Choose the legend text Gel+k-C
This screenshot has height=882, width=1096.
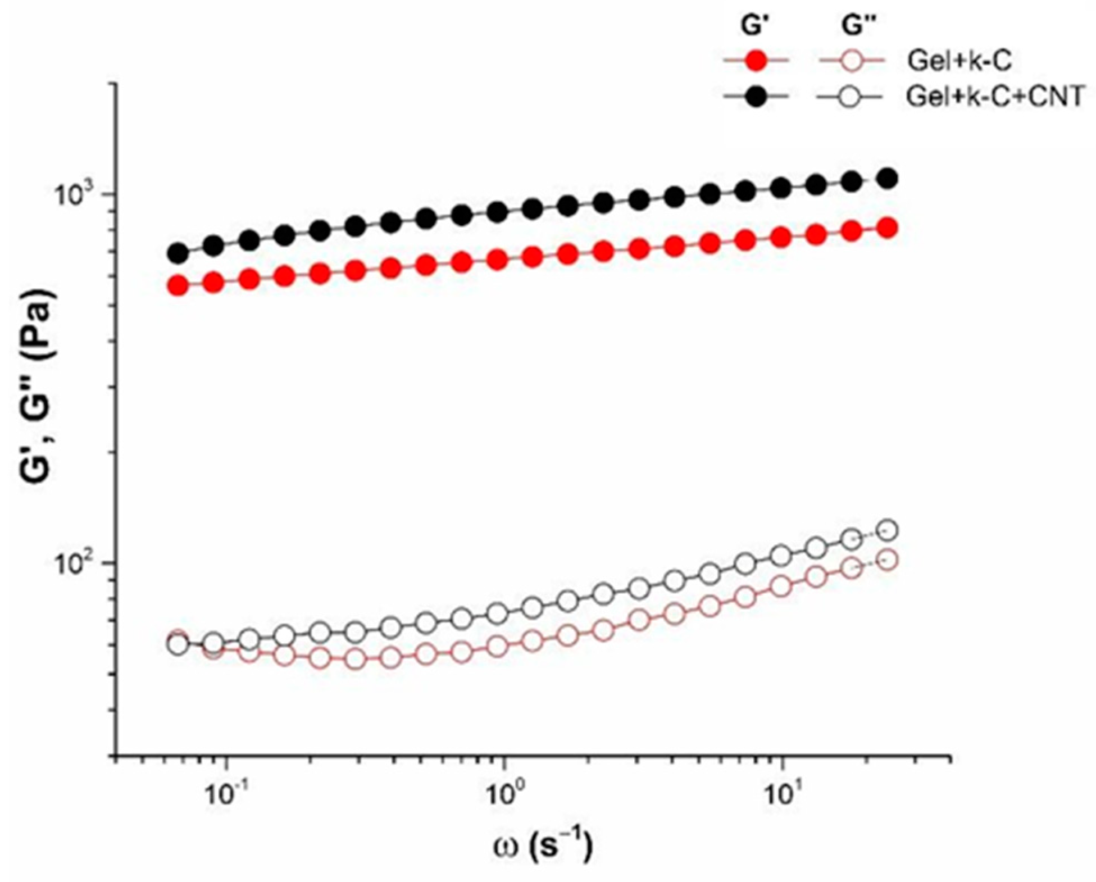pos(959,61)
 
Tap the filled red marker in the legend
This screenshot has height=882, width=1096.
pos(757,61)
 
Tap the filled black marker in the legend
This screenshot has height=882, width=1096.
pos(757,97)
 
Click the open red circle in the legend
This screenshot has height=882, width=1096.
pos(852,61)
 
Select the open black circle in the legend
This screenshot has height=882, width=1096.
pos(852,97)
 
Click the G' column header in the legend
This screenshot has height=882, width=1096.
pos(754,25)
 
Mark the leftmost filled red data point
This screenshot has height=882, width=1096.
pos(178,286)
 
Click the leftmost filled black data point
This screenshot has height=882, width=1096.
pos(178,253)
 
